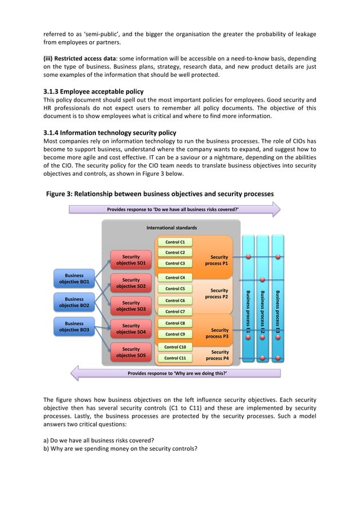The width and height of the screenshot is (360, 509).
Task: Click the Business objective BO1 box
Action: (74, 279)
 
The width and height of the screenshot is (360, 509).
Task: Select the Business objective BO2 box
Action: (74, 302)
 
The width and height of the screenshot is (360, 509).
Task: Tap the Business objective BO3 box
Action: (74, 326)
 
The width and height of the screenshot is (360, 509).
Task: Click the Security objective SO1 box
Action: (131, 260)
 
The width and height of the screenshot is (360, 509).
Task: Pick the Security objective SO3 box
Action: (131, 306)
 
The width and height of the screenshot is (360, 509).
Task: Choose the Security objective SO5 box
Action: (131, 353)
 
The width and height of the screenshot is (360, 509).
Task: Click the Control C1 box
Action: (175, 242)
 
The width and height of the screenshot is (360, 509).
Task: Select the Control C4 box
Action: (175, 278)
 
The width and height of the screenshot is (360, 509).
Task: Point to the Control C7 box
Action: (175, 311)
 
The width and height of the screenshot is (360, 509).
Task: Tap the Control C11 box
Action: (175, 358)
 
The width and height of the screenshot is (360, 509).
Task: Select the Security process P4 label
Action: (218, 355)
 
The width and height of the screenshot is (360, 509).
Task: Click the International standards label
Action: (172, 228)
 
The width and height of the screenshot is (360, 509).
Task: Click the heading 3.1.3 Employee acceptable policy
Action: (94, 91)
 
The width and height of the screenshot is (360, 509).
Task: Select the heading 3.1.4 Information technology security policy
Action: (110, 133)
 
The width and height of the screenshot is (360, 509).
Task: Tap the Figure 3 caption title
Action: (160, 194)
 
